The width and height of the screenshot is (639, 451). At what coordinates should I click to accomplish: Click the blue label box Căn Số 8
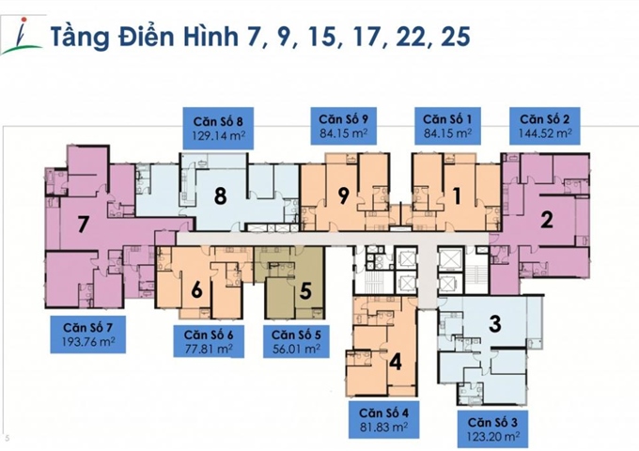(x=220, y=126)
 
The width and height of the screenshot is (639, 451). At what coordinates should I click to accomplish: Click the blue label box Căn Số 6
(x=210, y=341)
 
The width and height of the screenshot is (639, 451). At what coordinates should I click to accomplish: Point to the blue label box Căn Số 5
(x=296, y=341)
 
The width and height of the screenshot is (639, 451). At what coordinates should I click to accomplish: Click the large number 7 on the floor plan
(x=83, y=225)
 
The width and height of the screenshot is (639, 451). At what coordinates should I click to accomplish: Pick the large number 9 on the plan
(x=344, y=196)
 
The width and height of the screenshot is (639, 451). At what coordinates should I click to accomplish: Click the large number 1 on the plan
(x=458, y=196)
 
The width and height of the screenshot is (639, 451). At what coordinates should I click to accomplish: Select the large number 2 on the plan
(x=547, y=222)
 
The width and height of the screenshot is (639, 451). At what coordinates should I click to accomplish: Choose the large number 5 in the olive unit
(x=305, y=290)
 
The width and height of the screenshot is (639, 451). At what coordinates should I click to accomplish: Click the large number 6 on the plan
(x=197, y=290)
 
